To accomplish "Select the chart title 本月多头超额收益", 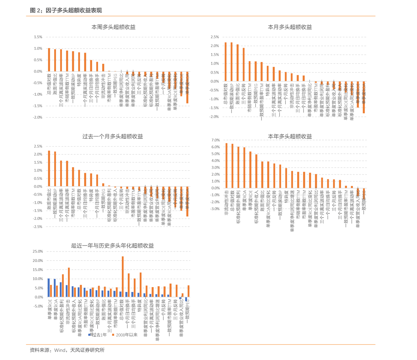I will pos(290,27).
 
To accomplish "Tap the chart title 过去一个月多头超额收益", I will pos(112,136).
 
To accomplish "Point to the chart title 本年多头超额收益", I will pos(290,136).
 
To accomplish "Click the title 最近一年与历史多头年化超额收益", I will pos(112,246).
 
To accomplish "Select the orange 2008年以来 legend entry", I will pos(125,335).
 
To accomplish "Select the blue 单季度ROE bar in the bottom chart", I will pos(49,287).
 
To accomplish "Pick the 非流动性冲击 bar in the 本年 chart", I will pos(226,165).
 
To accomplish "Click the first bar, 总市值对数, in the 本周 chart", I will pos(49,60).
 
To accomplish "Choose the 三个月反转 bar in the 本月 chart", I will pos(244,64).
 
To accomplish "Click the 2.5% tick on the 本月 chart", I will pos(214,37).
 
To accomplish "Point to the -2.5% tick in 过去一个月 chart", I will pos(37,227).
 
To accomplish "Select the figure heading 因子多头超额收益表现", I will pos(73,11).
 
